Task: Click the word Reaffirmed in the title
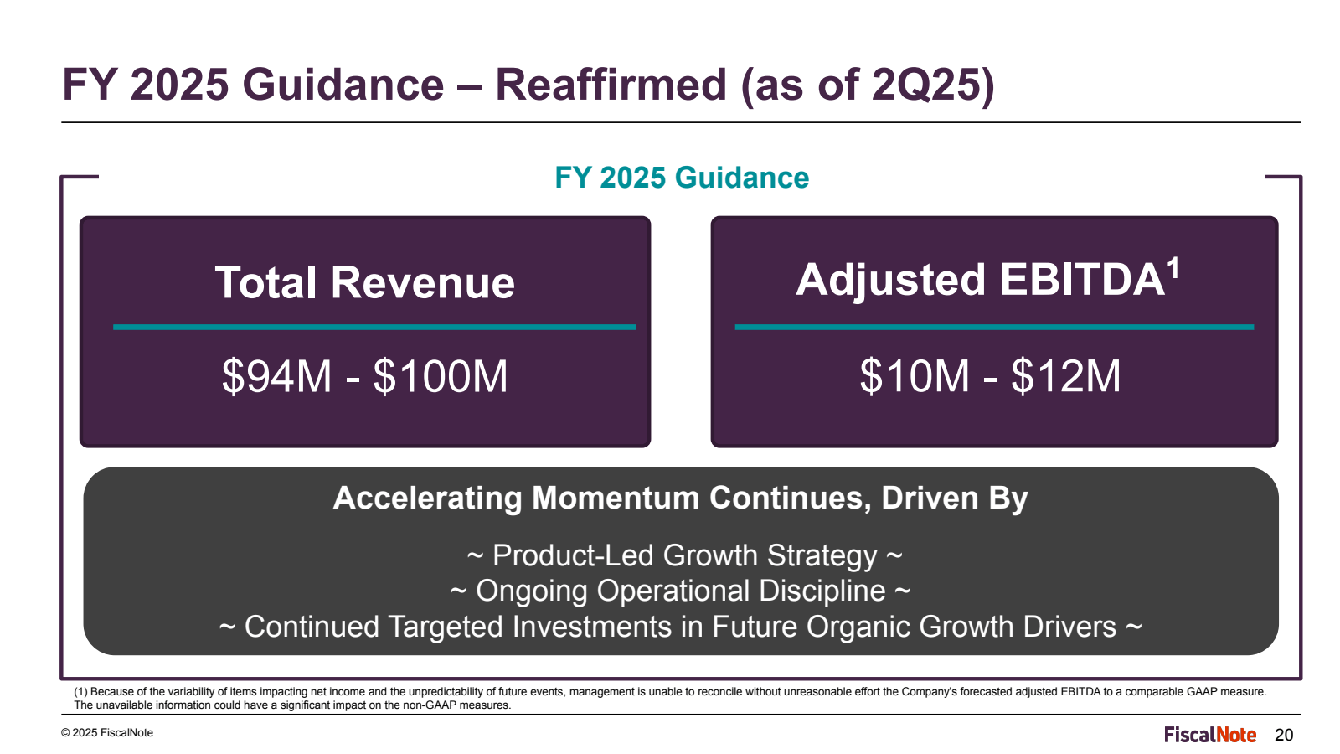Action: coord(611,85)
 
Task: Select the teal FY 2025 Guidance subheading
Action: coord(682,178)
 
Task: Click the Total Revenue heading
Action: coord(364,282)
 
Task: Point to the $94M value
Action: coord(276,376)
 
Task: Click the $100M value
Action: coord(441,376)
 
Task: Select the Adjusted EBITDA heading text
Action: coord(980,280)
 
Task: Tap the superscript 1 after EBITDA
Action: coord(1173,268)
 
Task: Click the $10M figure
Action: coord(914,376)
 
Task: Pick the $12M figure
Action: coord(1065,376)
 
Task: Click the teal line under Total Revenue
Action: coord(374,327)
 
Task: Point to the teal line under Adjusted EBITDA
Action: coord(994,327)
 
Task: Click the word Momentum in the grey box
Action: coord(616,498)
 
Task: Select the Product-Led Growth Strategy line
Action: coord(684,555)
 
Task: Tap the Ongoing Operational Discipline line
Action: coord(680,591)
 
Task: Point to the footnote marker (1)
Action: coord(80,692)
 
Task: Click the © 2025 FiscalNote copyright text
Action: coord(107,733)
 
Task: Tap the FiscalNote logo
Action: coord(1210,735)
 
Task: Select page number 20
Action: coord(1284,736)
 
